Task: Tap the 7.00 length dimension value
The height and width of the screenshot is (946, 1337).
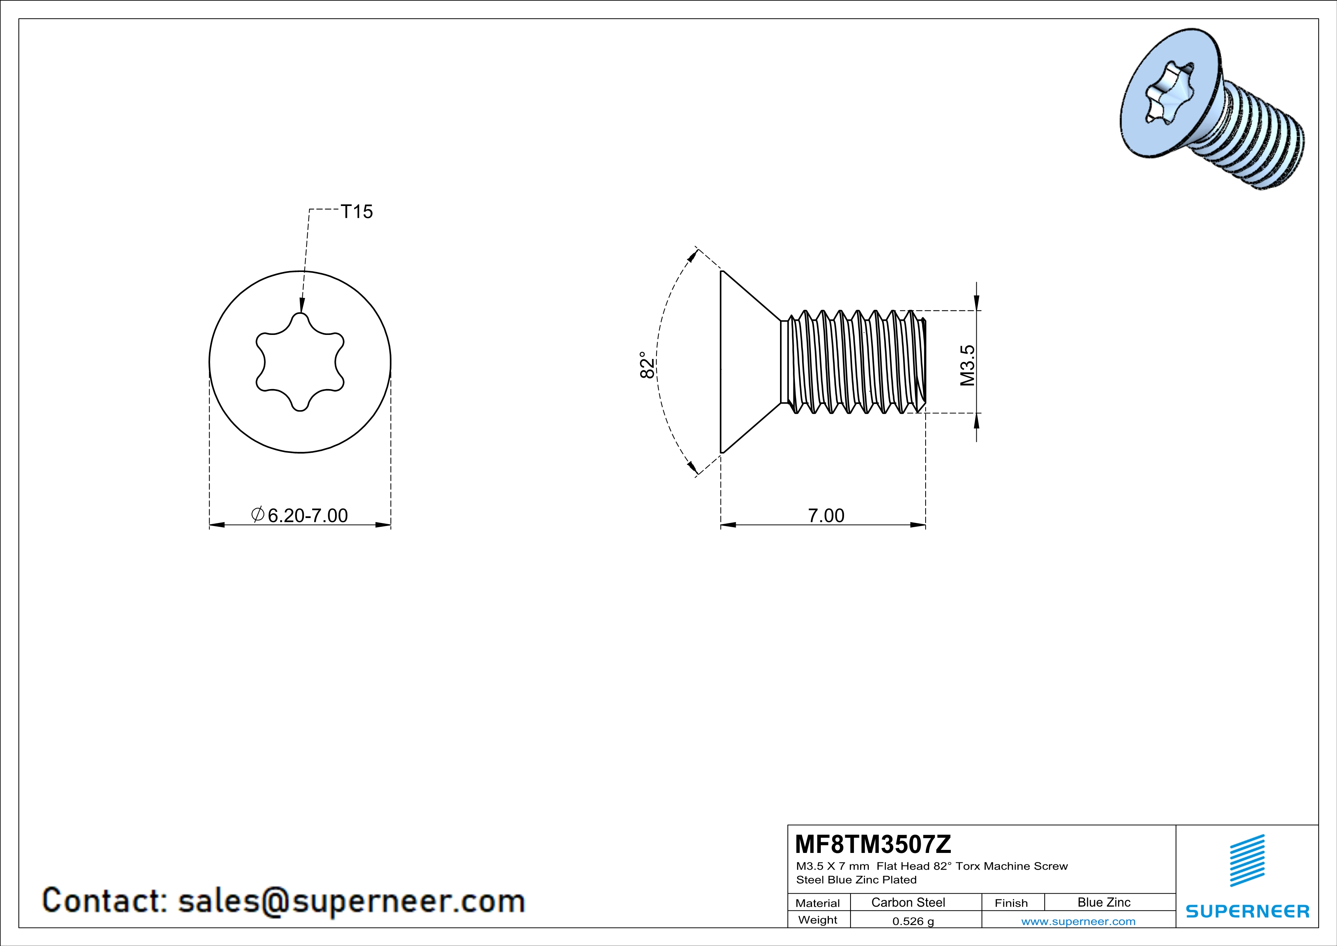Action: pos(826,515)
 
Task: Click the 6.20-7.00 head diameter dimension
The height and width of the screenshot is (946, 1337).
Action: pos(307,515)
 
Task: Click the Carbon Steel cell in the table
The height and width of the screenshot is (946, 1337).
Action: pos(908,902)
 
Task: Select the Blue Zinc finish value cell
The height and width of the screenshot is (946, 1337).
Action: pos(1103,902)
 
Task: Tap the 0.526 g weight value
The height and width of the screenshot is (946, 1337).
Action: pos(913,921)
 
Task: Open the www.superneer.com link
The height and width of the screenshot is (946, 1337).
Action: pos(1078,921)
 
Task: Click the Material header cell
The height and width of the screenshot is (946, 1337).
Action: pos(818,903)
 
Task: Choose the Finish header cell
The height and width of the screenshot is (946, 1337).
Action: pos(1011,903)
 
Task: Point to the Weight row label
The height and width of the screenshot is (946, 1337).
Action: pos(818,920)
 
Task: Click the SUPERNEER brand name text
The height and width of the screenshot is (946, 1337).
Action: pos(1247,911)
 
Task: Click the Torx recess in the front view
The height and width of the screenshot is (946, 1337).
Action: pos(300,362)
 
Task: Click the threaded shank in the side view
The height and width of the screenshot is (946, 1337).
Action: pos(853,362)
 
